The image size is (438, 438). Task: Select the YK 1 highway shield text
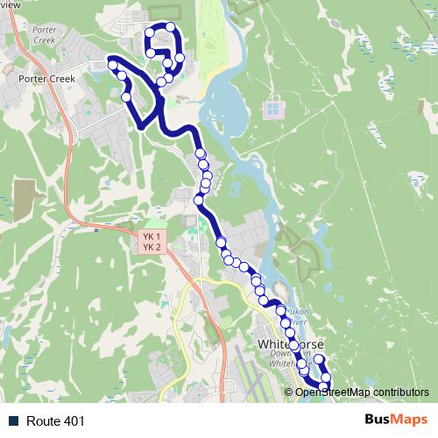[152, 237]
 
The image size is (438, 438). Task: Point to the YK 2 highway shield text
[152, 247]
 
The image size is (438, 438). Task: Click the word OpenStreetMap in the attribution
[333, 392]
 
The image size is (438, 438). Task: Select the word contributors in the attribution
[400, 392]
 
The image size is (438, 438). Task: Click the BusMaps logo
[396, 420]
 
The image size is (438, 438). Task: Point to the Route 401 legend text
[56, 420]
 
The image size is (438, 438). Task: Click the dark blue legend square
[13, 420]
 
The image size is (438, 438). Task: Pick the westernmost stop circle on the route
[112, 63]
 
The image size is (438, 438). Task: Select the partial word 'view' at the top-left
[10, 4]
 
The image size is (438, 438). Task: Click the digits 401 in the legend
[74, 420]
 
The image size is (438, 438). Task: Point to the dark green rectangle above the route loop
[162, 11]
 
